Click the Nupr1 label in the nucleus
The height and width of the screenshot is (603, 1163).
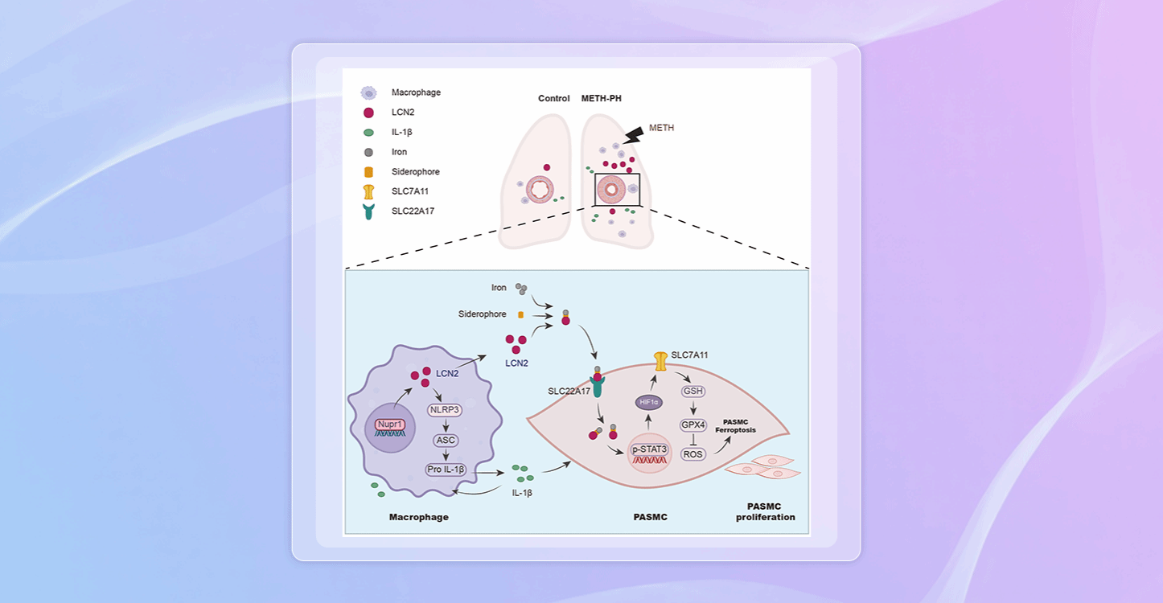(389, 423)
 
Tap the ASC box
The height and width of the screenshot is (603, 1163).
(445, 441)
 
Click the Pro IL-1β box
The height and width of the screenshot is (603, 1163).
(446, 469)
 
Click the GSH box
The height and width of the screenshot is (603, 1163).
(692, 392)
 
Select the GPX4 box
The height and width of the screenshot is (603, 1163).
(692, 424)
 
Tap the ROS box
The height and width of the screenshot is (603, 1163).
(692, 454)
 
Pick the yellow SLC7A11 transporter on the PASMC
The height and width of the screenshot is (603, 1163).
(660, 361)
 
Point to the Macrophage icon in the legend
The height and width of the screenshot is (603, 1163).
(368, 92)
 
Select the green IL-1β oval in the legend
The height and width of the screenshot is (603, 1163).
(368, 132)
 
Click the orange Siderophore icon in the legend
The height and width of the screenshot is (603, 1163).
(368, 172)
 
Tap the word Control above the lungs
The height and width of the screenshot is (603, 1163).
(554, 99)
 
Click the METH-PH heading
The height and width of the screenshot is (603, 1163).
(602, 99)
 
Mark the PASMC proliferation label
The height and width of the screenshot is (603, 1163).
(765, 511)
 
